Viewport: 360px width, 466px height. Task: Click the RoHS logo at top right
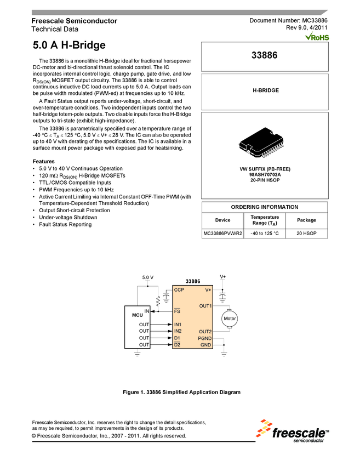tap(317, 37)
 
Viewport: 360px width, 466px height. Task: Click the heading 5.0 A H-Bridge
tap(69, 45)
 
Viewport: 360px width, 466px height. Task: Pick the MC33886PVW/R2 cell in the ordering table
tap(222, 234)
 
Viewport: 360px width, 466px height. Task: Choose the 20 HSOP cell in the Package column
tap(306, 234)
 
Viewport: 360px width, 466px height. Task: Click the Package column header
tap(306, 220)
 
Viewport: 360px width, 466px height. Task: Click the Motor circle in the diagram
tap(230, 319)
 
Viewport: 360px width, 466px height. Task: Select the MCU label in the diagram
tap(137, 316)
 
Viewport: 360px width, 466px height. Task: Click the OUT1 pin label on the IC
tap(205, 305)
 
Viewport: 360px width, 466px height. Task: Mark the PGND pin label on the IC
tap(205, 338)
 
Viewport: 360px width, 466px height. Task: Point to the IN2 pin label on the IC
tap(178, 331)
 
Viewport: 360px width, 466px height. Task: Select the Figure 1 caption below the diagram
tap(179, 392)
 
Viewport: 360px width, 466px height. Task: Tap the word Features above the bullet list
tap(44, 161)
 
